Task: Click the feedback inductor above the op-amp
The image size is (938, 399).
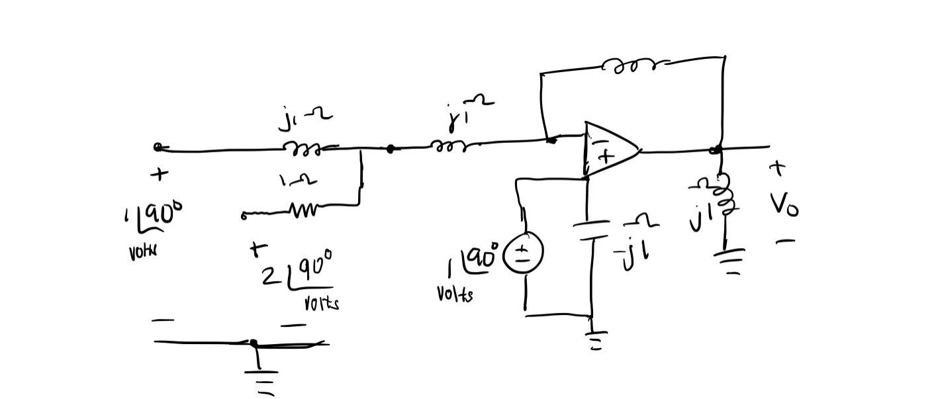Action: coord(633,65)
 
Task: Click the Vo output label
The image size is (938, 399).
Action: coord(785,205)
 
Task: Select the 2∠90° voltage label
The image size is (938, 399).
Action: coord(298,271)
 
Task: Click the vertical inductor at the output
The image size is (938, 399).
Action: coord(724,195)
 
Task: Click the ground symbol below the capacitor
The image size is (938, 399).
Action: coord(595,340)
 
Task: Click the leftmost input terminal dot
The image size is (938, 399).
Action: coord(158,147)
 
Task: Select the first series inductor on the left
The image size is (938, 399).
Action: coord(303,150)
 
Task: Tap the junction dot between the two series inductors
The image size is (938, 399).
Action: coord(391,150)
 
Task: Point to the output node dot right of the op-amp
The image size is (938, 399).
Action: coord(715,151)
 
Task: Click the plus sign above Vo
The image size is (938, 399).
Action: coord(778,169)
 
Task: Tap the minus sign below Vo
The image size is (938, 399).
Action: coord(785,242)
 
